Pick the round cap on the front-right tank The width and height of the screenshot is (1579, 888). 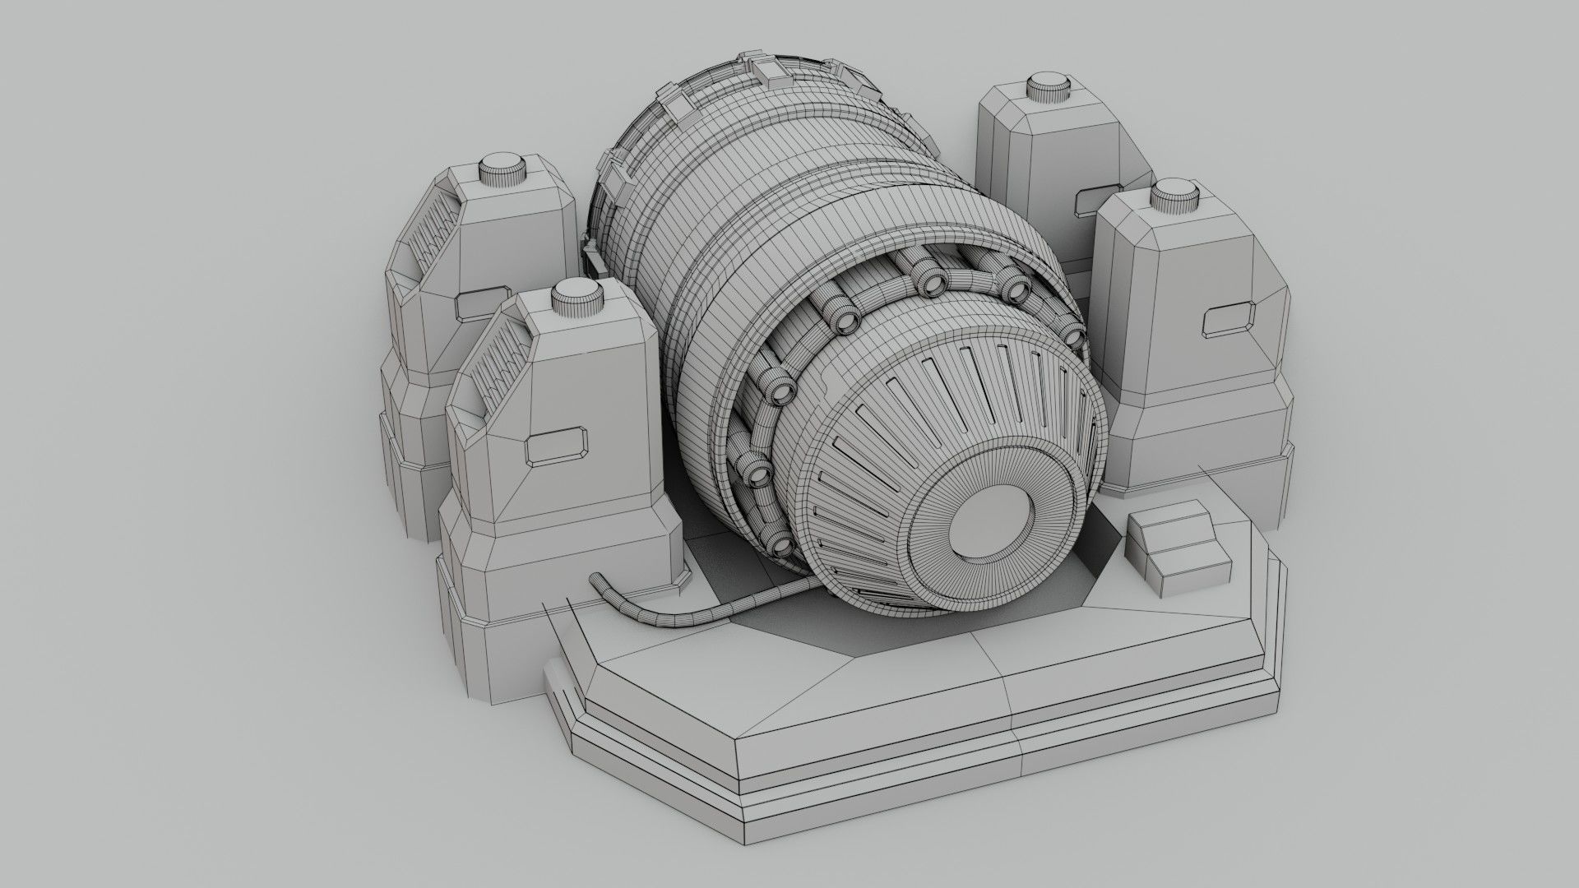pos(1178,198)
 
